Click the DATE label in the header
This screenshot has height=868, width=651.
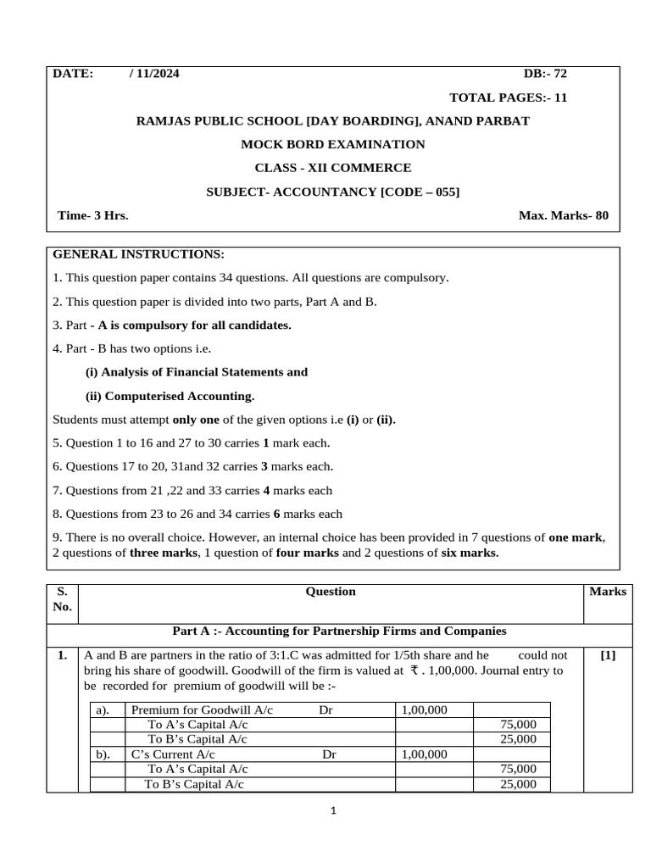point(72,74)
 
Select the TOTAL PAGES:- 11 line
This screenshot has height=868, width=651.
point(508,97)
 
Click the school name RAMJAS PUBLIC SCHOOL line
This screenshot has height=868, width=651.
point(333,121)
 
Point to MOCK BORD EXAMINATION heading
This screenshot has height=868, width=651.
point(333,145)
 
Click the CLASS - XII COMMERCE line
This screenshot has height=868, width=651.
point(333,168)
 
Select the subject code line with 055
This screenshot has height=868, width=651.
point(333,192)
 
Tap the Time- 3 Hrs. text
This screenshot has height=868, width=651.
point(93,215)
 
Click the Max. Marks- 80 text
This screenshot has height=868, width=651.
point(563,215)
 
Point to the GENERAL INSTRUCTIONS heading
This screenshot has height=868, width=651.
point(139,254)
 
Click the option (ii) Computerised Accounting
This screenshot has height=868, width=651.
point(170,396)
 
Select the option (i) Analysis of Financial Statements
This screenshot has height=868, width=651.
point(197,372)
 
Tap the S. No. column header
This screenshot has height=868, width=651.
point(62,599)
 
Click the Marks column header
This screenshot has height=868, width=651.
point(607,592)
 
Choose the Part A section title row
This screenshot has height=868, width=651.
point(339,632)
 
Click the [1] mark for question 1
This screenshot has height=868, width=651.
point(607,655)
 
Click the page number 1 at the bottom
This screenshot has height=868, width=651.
point(333,811)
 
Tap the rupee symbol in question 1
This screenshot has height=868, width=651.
point(414,670)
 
